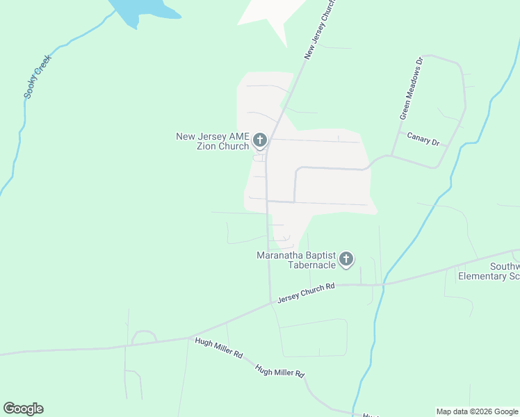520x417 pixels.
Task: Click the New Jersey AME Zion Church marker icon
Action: pyautogui.click(x=260, y=141)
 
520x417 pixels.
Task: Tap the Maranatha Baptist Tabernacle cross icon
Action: pyautogui.click(x=346, y=260)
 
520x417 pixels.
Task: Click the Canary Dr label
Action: pyautogui.click(x=423, y=139)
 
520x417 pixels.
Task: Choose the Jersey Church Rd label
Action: pyautogui.click(x=306, y=293)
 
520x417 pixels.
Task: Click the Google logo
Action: pyautogui.click(x=23, y=409)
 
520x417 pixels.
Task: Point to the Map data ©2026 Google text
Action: pyautogui.click(x=477, y=412)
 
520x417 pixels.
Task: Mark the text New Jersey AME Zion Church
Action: pyautogui.click(x=213, y=141)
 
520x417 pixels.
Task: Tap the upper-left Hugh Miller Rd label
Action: pyautogui.click(x=218, y=347)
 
